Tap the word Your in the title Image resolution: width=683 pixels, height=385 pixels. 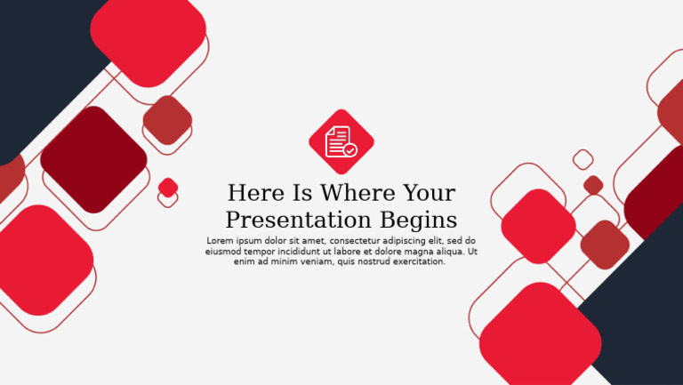(429, 193)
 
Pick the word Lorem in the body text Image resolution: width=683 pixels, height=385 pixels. (221, 241)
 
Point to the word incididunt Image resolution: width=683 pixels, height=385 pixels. (308, 252)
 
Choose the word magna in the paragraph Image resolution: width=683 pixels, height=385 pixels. (418, 252)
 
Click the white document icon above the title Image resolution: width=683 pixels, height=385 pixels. (338, 140)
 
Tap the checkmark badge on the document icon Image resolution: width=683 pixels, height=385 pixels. (350, 150)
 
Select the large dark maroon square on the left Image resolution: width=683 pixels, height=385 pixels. (93, 159)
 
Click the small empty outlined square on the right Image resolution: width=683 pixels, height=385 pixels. (583, 160)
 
